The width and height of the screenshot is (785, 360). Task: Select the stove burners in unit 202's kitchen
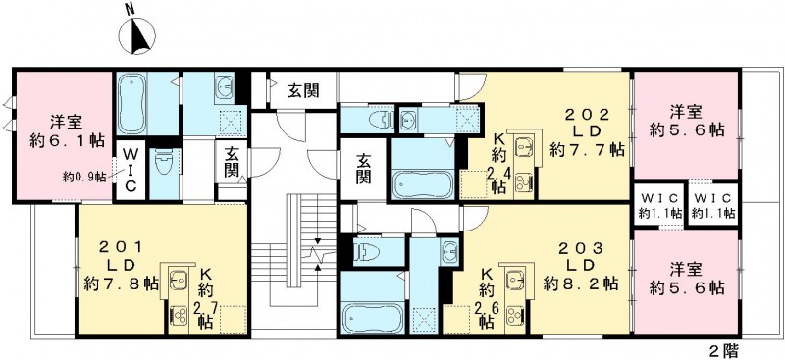[x=523, y=180]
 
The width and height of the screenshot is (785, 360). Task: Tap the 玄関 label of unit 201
[x=232, y=162]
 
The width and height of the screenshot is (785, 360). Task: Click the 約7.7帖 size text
[x=587, y=150]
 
